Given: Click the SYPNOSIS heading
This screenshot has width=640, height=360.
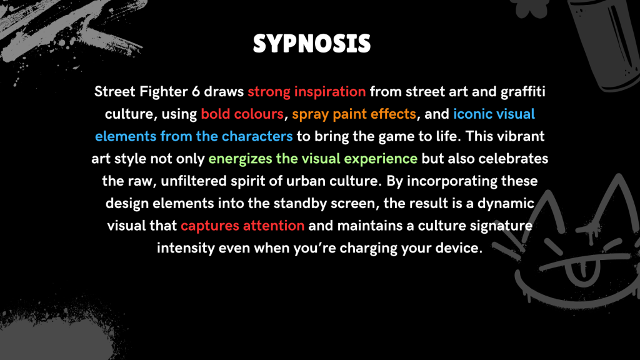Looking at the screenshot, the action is pyautogui.click(x=312, y=44).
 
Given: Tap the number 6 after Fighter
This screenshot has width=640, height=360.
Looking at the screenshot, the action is pyautogui.click(x=196, y=91).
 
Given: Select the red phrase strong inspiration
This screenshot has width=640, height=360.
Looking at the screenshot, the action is pyautogui.click(x=306, y=92).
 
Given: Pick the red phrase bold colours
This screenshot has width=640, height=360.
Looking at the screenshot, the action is pyautogui.click(x=242, y=114).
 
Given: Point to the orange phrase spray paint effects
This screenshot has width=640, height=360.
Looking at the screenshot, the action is pyautogui.click(x=354, y=114).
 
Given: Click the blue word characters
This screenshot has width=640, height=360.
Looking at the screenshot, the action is pyautogui.click(x=257, y=136).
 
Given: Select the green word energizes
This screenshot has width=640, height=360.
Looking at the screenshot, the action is pyautogui.click(x=240, y=159).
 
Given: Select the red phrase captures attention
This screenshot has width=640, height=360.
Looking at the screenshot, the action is pyautogui.click(x=242, y=226).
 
